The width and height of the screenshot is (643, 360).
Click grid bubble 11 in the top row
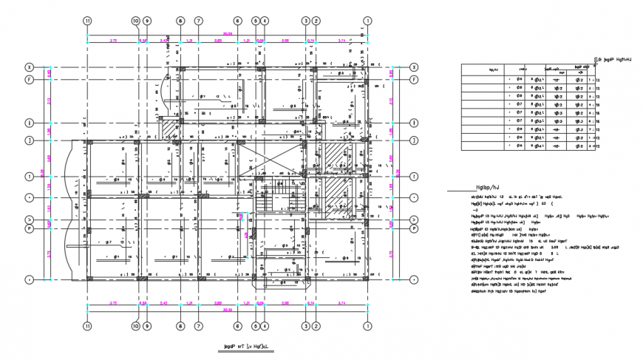[x=87, y=22]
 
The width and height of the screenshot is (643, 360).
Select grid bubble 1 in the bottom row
[x=368, y=325]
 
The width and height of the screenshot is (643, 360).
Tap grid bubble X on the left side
[x=30, y=67]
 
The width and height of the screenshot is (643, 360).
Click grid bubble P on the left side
[x=30, y=229]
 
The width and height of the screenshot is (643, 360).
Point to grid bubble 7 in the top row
[x=198, y=22]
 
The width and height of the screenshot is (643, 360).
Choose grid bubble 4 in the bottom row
[x=265, y=325]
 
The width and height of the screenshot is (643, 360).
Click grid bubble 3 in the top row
[x=305, y=22]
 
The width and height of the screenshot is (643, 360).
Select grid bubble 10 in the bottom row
[x=135, y=325]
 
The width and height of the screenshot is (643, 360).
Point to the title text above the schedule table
[x=616, y=57]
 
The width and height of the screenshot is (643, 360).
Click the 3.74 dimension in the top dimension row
[x=341, y=40]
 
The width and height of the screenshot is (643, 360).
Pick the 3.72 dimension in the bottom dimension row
[x=112, y=304]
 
